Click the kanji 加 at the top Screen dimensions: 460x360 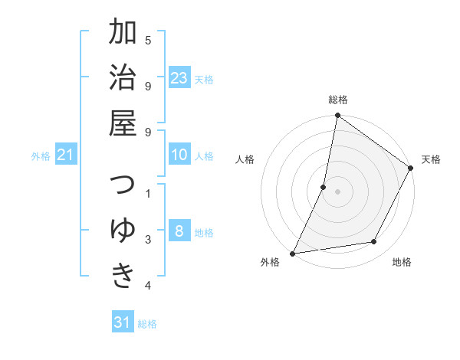[123, 34]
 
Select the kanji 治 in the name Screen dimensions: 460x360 [123, 80]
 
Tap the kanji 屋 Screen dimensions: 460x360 [123, 126]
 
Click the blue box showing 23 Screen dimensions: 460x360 [179, 78]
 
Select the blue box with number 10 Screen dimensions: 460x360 [179, 155]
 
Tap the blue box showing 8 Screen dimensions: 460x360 [179, 232]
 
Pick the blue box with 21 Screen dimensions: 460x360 [66, 155]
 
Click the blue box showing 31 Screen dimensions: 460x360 [123, 322]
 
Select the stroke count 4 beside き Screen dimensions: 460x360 [148, 286]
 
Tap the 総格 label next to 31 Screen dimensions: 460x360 [147, 324]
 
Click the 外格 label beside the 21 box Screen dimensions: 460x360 [41, 156]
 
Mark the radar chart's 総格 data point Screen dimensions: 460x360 [337, 116]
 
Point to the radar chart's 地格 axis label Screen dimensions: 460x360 [402, 262]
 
